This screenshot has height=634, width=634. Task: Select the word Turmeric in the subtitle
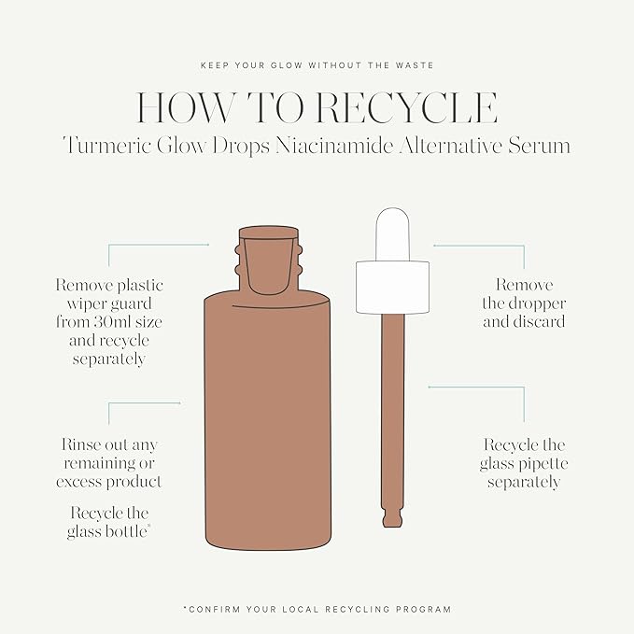click(x=104, y=146)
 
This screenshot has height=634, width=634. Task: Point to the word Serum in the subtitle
click(x=539, y=146)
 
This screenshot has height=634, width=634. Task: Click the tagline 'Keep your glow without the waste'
click(x=317, y=65)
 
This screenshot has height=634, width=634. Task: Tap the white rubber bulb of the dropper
click(x=390, y=233)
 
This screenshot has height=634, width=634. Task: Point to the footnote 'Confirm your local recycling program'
click(x=317, y=609)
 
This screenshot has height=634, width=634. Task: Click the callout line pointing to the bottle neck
click(x=159, y=245)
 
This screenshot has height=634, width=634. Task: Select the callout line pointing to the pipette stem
click(x=476, y=387)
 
